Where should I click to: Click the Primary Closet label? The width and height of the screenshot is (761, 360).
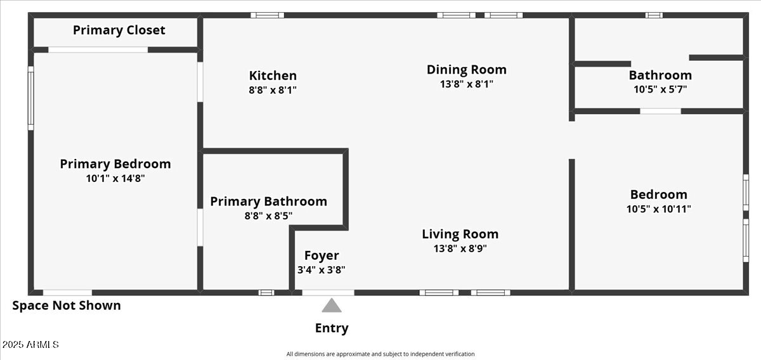pos(119,30)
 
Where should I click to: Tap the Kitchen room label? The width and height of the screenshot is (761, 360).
pos(273,75)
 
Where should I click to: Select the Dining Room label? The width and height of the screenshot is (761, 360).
pos(466,70)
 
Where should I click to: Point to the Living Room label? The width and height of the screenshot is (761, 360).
pos(460,235)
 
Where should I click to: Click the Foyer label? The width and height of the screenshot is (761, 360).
pos(322,255)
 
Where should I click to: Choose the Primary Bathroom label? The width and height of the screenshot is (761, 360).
pos(268,202)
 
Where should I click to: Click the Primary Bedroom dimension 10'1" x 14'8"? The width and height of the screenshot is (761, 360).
pos(115,179)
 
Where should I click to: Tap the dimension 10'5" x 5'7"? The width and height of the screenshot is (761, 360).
pos(660,89)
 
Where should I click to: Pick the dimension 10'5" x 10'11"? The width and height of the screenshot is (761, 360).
pos(659,209)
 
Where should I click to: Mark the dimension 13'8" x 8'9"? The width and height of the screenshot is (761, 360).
pos(460,248)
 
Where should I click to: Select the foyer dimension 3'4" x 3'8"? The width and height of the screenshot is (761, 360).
pos(322,269)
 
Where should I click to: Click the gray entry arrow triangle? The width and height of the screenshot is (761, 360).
pos(331,306)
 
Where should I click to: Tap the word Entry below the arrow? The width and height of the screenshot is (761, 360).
pos(331,328)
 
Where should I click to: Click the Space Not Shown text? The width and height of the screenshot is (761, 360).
pos(67,305)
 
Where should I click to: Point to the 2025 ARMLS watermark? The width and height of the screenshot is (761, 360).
pos(30,345)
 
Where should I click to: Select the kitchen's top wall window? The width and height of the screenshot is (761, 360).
pos(267,15)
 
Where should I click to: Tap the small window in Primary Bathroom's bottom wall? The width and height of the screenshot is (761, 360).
pos(266,292)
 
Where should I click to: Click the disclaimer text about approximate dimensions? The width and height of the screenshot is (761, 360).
pos(380,354)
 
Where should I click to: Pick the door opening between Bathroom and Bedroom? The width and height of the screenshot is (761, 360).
pos(660,111)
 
